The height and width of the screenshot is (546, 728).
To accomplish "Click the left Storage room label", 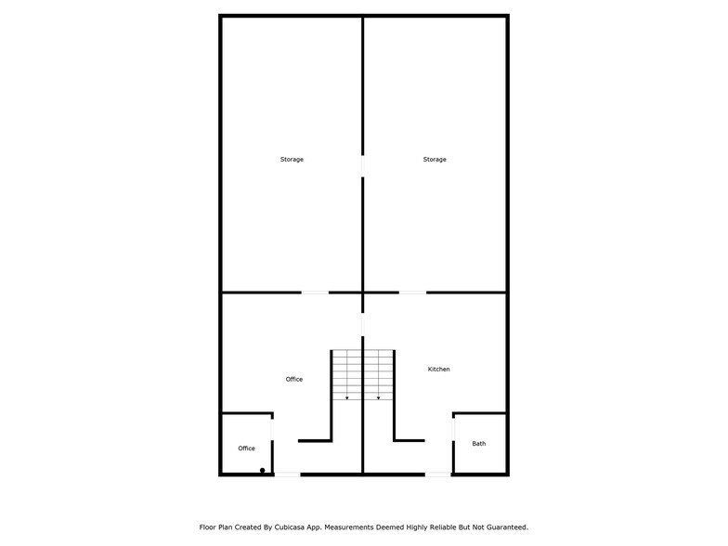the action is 292,160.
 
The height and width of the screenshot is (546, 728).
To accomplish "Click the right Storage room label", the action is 435,160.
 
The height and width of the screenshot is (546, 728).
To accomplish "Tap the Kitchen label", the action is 438,370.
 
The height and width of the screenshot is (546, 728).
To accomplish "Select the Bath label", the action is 479,444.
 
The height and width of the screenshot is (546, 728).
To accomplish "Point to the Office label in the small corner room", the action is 247,448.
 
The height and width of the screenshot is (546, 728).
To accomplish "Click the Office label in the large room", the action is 293,379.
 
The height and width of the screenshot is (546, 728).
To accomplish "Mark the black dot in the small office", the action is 262,470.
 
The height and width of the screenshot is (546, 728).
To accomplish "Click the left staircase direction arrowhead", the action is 347,397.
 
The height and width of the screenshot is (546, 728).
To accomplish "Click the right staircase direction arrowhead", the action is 379,397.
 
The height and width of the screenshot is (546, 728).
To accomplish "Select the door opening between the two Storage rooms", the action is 362,166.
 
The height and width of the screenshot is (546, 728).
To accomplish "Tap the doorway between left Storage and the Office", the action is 316,292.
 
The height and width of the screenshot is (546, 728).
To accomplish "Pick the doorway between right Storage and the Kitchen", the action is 412,292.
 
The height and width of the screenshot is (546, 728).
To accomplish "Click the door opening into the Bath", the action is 453,429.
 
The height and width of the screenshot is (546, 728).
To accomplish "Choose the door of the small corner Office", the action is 272,429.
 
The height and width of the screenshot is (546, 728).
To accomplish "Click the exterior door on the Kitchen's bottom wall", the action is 438,474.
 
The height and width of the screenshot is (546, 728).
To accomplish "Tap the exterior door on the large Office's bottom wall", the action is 288,474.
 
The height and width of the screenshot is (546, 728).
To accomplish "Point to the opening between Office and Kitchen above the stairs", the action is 362,325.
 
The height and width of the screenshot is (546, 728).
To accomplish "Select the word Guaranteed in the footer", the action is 509,527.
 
